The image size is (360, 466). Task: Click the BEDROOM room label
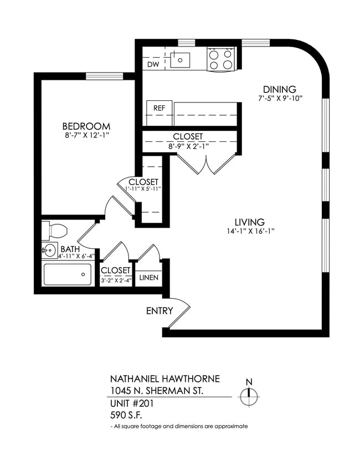pyautogui.click(x=86, y=126)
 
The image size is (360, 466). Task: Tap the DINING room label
pyautogui.click(x=279, y=89)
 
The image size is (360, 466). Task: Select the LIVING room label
pyautogui.click(x=249, y=222)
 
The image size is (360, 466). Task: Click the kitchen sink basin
pyautogui.click(x=180, y=60)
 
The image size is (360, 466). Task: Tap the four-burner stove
pyautogui.click(x=220, y=59)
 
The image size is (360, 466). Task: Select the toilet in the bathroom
pyautogui.click(x=54, y=230)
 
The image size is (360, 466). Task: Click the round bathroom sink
pyautogui.click(x=50, y=250)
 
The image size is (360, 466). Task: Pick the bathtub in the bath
pyautogui.click(x=67, y=274)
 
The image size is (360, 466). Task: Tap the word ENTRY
pyautogui.click(x=160, y=311)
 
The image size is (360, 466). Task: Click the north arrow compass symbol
pyautogui.click(x=249, y=395)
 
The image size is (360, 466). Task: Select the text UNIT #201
pyautogui.click(x=132, y=403)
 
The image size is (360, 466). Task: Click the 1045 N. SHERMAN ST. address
pyautogui.click(x=157, y=391)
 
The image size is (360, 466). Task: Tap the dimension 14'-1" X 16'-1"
pyautogui.click(x=249, y=231)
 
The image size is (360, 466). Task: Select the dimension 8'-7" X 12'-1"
pyautogui.click(x=86, y=135)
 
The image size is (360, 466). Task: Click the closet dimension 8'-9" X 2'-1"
pyautogui.click(x=188, y=146)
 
